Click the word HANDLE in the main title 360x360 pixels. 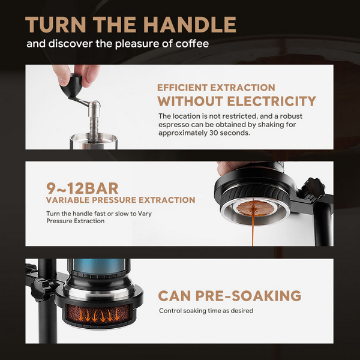[190, 25]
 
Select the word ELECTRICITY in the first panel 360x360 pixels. [272, 101]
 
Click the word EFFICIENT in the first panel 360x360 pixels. [182, 88]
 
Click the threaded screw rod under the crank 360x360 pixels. [94, 128]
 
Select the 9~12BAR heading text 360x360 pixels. [82, 188]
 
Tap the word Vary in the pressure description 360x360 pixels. [145, 214]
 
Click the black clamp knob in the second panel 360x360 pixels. [313, 188]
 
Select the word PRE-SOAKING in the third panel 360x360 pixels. [248, 296]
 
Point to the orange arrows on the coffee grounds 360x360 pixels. [98, 315]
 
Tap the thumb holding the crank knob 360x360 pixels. [61, 74]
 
